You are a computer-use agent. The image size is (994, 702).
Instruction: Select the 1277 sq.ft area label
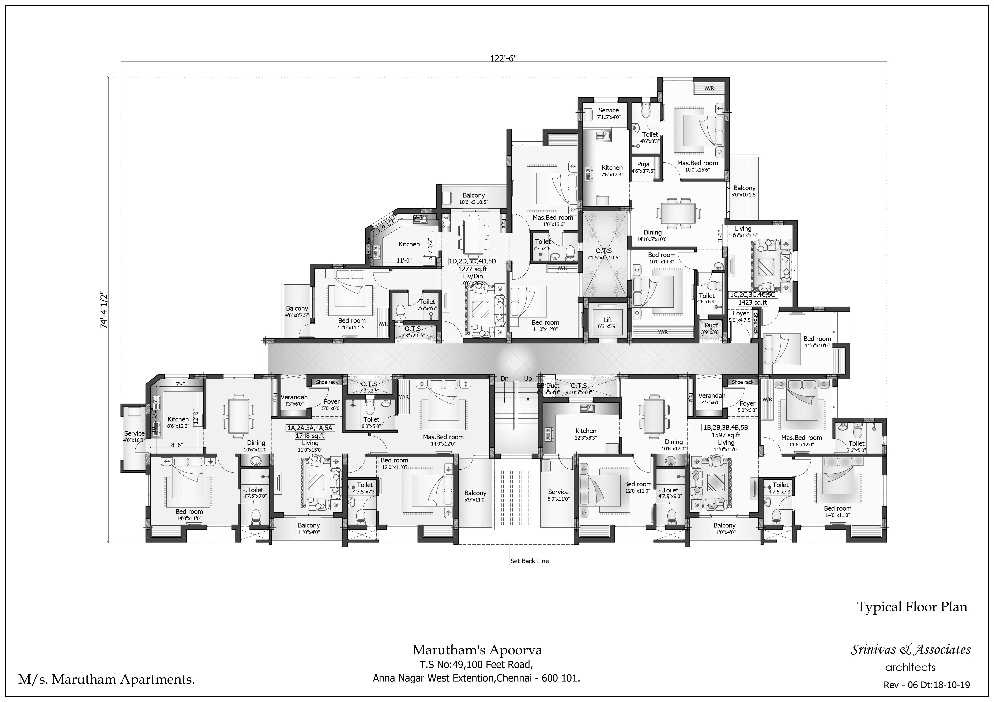coord(473,269)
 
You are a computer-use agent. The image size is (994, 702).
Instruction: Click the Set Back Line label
coord(530,561)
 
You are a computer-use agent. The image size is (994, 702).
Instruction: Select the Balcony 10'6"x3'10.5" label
coord(474,198)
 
